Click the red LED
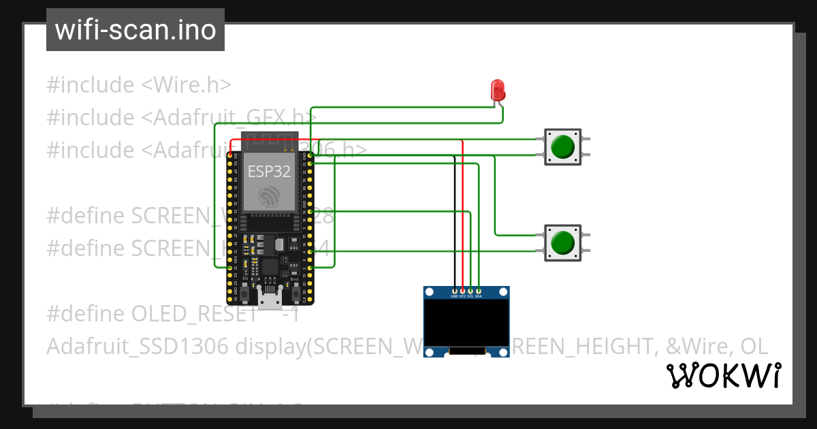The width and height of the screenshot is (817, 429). click(x=498, y=89)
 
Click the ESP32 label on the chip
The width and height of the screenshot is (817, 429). click(x=270, y=172)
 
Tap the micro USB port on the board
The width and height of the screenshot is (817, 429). click(x=270, y=297)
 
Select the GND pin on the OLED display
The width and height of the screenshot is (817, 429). click(x=454, y=291)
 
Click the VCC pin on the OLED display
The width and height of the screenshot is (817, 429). click(x=462, y=291)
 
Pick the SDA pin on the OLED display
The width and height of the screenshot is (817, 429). click(x=479, y=291)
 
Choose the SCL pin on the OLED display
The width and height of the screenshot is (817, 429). click(x=470, y=291)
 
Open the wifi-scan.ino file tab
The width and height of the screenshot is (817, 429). click(x=135, y=30)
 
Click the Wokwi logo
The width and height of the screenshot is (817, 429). click(x=723, y=376)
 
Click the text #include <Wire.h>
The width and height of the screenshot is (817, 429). click(x=139, y=85)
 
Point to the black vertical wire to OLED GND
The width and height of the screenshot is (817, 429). click(x=454, y=225)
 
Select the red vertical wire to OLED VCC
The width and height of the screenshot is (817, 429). click(x=462, y=218)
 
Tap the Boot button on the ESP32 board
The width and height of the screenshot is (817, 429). click(x=295, y=293)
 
